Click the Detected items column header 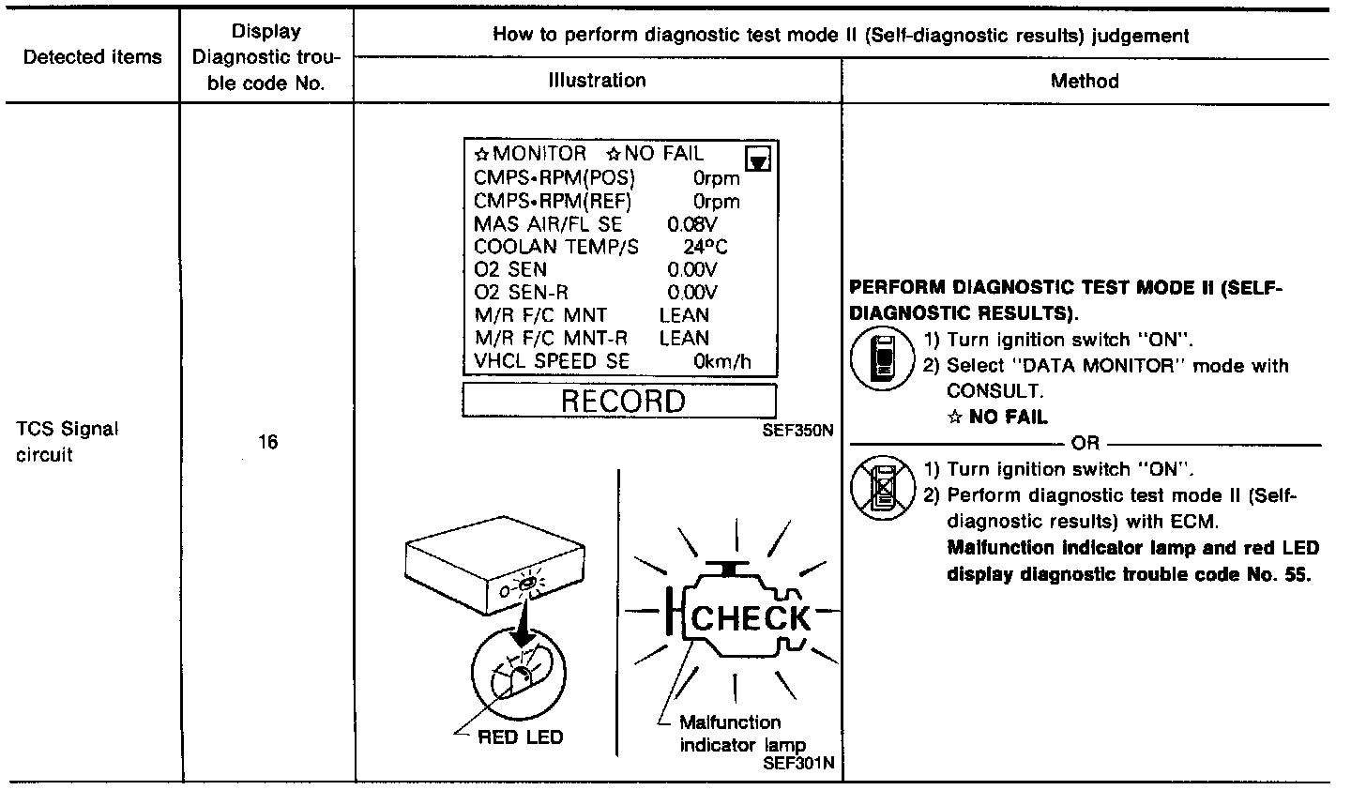(92, 57)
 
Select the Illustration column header (598, 81)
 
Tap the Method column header (1085, 81)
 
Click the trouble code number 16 (268, 442)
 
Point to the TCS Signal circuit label (68, 442)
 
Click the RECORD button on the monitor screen (621, 402)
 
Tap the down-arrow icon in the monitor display (757, 160)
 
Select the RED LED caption (521, 737)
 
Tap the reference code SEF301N (798, 764)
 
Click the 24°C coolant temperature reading (705, 247)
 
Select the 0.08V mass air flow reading (691, 224)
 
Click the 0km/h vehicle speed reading (722, 361)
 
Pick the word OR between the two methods (1085, 444)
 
